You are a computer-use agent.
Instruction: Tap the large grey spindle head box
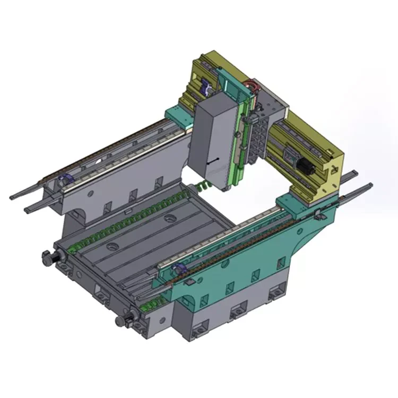[x=211, y=141]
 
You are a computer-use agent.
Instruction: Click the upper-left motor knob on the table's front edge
[x=49, y=257]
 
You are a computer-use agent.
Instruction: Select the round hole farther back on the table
[x=170, y=218]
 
